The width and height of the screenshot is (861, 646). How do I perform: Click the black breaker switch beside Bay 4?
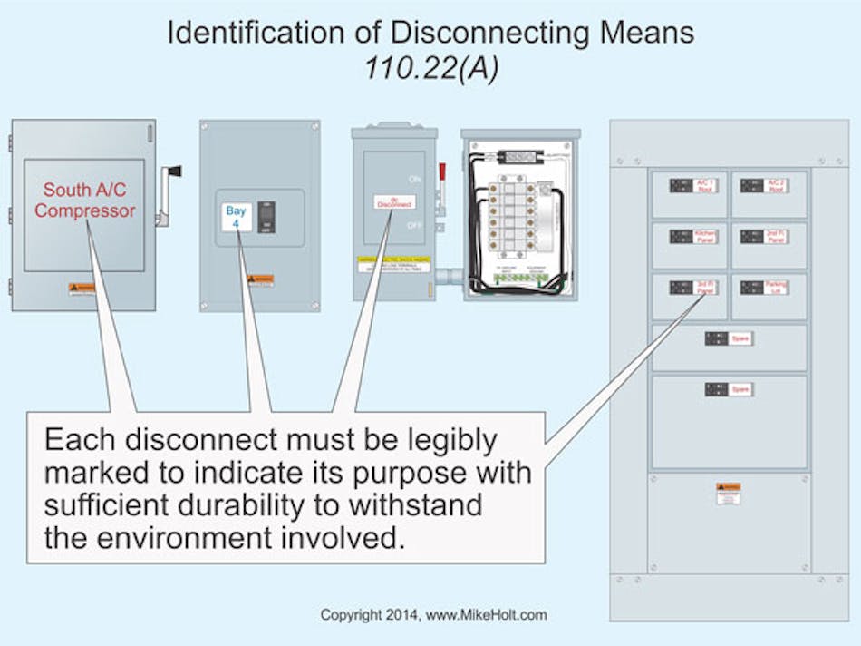point(266,216)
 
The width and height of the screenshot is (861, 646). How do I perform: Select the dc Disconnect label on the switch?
point(394,202)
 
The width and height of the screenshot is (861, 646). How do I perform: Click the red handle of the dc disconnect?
point(443,173)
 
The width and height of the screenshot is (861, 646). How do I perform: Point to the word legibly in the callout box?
point(451,441)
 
